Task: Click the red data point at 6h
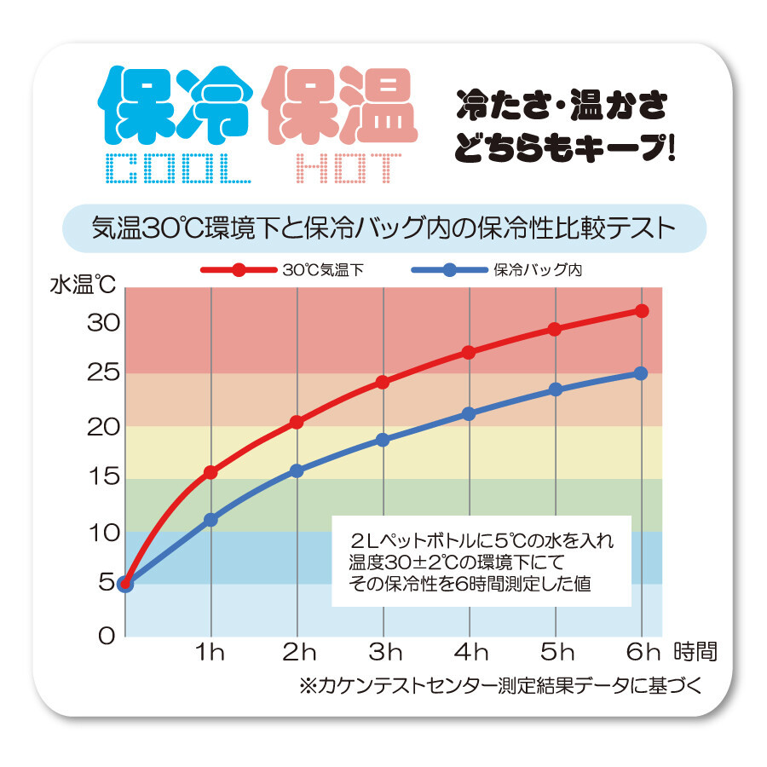click(x=641, y=311)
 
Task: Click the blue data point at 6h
click(x=641, y=373)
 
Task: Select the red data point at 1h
click(x=210, y=472)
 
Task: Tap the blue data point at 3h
click(x=383, y=440)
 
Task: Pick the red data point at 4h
click(x=469, y=352)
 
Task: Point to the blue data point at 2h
click(x=297, y=470)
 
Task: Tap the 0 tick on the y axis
click(x=106, y=635)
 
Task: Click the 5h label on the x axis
click(x=557, y=653)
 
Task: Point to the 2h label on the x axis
click(x=298, y=653)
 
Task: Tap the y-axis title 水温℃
click(x=83, y=284)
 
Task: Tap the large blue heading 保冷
click(x=176, y=105)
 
